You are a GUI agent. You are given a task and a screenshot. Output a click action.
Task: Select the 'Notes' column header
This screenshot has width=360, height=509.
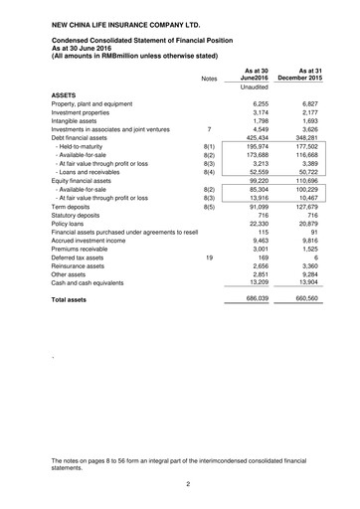coord(208,79)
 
